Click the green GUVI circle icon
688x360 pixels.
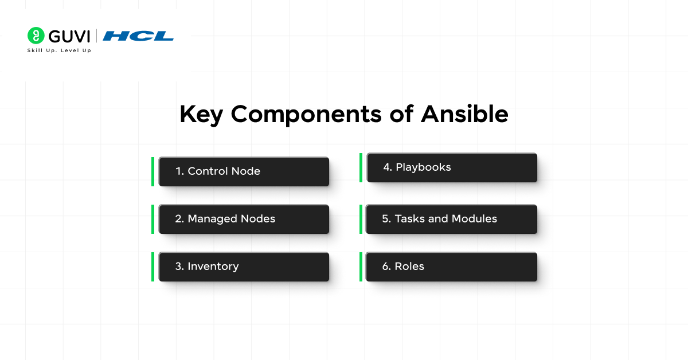[x=36, y=36]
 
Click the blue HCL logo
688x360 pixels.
[x=138, y=36]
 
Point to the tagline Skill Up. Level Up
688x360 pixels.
[x=59, y=50]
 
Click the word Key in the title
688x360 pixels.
[x=201, y=115]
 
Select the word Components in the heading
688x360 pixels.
[x=306, y=115]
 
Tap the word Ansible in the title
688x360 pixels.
[x=464, y=115]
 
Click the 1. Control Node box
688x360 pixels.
[x=244, y=171]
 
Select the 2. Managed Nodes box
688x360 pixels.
[x=244, y=219]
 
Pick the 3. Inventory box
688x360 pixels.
[x=244, y=267]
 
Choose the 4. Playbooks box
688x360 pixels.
[x=452, y=167]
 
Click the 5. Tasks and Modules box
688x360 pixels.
[x=452, y=219]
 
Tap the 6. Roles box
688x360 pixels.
[x=452, y=267]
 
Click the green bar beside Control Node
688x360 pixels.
[x=153, y=171]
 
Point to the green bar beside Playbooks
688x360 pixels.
[x=361, y=167]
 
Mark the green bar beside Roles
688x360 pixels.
[x=361, y=267]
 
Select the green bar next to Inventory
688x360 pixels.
[x=153, y=267]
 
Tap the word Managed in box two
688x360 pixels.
[x=210, y=219]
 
